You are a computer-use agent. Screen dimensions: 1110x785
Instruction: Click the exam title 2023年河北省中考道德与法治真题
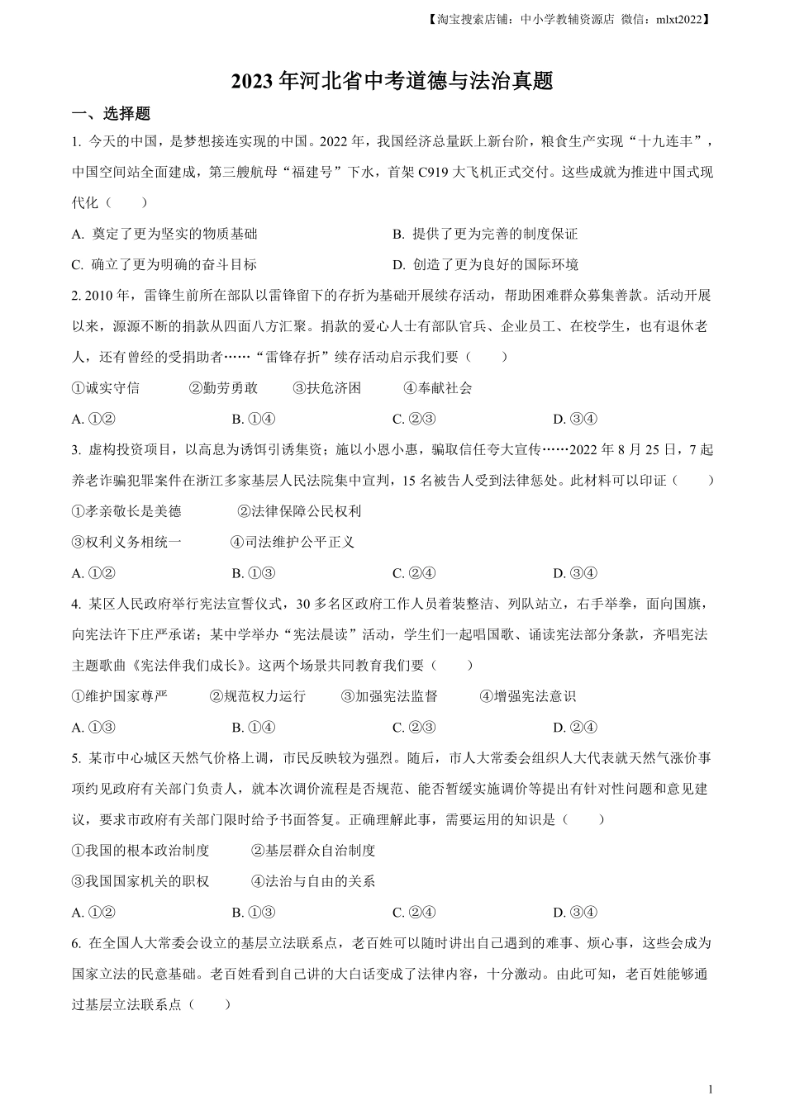392,81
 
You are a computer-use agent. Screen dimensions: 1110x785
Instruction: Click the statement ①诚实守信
106,387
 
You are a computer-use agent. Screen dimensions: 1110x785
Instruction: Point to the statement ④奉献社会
438,387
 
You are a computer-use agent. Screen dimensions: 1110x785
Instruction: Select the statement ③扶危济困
327,387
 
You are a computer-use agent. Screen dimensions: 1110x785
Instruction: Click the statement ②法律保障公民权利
299,511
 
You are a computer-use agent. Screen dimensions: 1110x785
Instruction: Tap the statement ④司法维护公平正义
293,542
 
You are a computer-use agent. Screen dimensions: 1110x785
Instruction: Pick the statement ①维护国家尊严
120,696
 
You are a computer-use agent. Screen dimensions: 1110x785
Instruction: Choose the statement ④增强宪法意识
527,696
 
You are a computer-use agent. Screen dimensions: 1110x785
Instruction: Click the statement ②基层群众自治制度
313,850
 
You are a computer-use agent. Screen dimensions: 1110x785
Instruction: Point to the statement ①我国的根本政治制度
140,850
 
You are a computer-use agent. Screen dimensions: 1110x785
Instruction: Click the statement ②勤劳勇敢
223,387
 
